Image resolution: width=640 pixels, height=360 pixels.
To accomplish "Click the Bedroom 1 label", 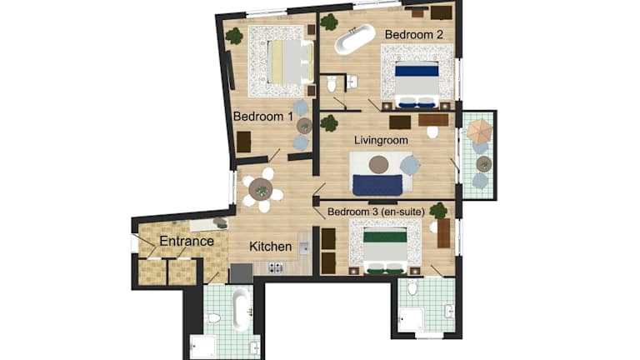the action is pos(263,117).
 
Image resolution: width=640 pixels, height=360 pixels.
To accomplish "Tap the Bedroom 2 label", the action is pos(414,35).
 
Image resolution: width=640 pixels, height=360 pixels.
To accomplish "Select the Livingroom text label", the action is pos(381,140).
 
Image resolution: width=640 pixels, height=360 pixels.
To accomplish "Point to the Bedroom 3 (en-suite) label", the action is pos(376,212).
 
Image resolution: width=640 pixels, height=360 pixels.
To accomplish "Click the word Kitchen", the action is pos(270,247).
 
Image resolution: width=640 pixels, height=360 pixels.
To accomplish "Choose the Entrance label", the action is pos(187,241).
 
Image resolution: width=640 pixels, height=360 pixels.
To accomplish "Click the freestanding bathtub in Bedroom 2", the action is pos(355,39).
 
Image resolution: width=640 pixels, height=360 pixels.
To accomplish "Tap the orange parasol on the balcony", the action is pos(480,130).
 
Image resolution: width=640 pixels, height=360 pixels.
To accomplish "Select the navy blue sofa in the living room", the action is pos(377,185).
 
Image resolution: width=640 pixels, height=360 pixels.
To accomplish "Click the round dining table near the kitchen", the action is pos(261,189).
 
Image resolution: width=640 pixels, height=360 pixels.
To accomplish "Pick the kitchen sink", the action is pos(303,248).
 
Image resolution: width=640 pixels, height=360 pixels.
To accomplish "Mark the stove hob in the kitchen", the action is pos(276,267).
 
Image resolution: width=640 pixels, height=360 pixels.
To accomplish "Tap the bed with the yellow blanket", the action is pos(291,61).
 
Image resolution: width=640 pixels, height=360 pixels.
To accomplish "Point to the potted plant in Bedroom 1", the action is pos(234,36).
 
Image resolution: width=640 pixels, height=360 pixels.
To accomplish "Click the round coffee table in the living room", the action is pos(379,164).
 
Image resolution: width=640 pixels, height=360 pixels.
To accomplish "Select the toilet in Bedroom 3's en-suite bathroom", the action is pos(412,287).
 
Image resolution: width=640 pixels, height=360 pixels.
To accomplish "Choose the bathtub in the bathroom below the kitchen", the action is pos(241,308).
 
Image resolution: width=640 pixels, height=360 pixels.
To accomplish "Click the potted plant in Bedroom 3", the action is pos(438,211).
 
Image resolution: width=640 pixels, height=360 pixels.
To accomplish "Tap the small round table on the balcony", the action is pos(484,164).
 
